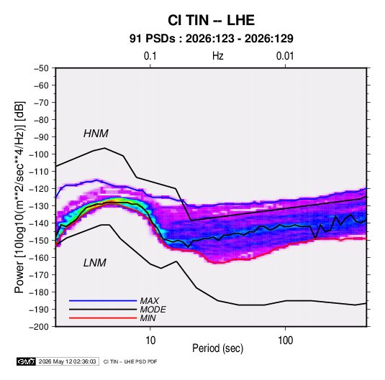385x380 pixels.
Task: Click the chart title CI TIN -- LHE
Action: [x=211, y=20]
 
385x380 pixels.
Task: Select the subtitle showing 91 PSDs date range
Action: [x=211, y=39]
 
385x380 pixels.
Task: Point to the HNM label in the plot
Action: [x=96, y=134]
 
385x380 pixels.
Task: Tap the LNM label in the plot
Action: [x=95, y=263]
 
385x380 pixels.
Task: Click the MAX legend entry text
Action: [x=150, y=300]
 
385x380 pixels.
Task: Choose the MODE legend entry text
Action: [x=153, y=310]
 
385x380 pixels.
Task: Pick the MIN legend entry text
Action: [x=148, y=318]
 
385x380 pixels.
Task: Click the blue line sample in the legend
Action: [x=103, y=300]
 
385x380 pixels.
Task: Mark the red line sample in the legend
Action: [x=103, y=318]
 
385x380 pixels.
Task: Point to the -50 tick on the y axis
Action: [x=41, y=68]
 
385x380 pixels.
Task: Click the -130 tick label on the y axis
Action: [x=39, y=206]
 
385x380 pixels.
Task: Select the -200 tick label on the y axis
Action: [x=39, y=327]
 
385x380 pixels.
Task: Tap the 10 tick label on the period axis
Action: [x=150, y=340]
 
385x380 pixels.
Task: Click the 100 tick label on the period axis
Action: [x=285, y=340]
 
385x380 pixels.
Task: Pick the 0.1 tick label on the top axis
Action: [x=150, y=56]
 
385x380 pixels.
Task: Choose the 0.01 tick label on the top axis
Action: [x=285, y=56]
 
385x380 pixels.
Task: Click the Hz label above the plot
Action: [x=218, y=56]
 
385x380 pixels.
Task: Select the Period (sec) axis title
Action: [x=218, y=348]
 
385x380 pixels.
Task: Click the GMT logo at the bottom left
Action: [x=27, y=361]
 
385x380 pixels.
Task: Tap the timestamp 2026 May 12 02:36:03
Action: [x=67, y=361]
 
